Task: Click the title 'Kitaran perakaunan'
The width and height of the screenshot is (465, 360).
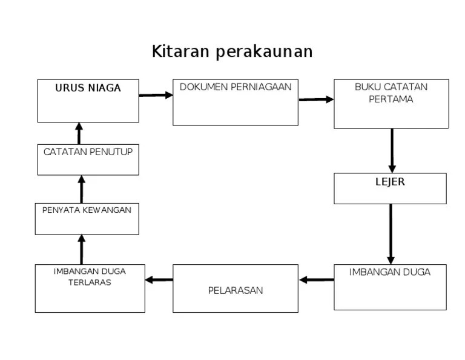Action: [x=232, y=52]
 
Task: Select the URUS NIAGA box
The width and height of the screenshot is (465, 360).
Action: [x=88, y=101]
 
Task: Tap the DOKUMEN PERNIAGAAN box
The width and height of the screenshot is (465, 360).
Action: [x=235, y=102]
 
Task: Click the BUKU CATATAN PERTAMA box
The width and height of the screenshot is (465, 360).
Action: [x=391, y=104]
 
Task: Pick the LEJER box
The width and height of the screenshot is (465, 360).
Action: [x=390, y=188]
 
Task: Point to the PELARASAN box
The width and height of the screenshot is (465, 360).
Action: [x=235, y=288]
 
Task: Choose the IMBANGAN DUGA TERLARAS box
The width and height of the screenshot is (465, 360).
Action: [x=90, y=288]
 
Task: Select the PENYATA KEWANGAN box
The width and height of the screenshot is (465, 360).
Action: [x=87, y=219]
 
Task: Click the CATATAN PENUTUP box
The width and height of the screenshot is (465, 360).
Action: [x=88, y=160]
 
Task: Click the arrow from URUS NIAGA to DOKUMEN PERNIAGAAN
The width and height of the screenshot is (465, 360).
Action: [x=156, y=95]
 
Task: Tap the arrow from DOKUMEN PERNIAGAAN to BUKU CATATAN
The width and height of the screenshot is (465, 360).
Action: [x=316, y=99]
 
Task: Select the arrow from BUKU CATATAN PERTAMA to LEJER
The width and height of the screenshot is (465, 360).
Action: [x=392, y=150]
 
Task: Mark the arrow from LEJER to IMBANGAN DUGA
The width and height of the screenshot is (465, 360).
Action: [x=391, y=234]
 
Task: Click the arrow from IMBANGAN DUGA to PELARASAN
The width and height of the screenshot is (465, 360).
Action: [x=316, y=279]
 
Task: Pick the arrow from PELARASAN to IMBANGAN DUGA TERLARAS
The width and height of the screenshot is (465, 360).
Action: [x=159, y=279]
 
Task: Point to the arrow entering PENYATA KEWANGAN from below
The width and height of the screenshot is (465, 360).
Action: [x=82, y=249]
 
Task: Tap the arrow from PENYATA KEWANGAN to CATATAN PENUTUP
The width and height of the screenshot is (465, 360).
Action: [x=82, y=189]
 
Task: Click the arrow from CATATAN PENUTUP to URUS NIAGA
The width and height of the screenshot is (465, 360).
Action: [x=79, y=133]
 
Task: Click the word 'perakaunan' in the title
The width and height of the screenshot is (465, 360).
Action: [x=263, y=52]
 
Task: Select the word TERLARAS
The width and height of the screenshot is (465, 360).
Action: [x=90, y=282]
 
